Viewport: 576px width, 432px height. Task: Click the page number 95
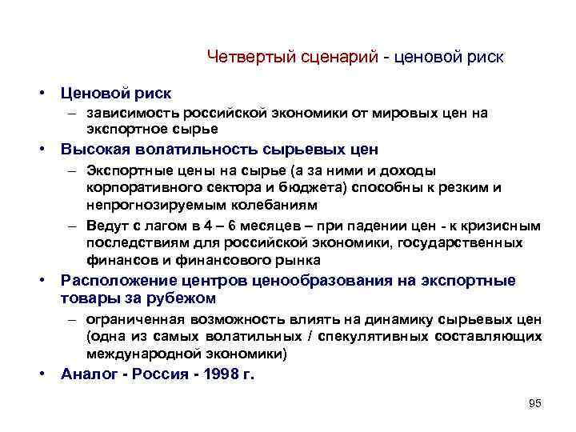[x=535, y=403]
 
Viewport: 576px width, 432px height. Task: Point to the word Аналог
[x=88, y=374]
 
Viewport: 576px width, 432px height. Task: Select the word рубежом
[x=187, y=298]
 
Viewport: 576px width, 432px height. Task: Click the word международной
[x=134, y=353]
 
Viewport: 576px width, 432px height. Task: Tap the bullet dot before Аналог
[x=46, y=374]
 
